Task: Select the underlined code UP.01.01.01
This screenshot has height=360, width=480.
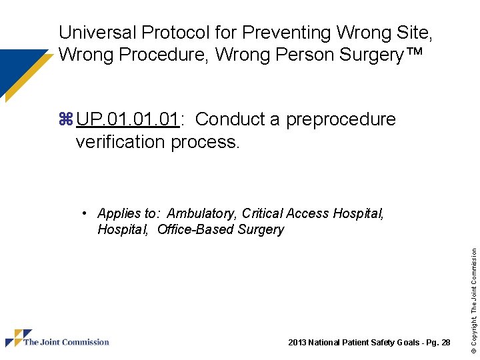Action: pyautogui.click(x=127, y=119)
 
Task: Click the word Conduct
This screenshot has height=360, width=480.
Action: pyautogui.click(x=231, y=119)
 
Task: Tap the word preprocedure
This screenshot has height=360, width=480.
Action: pyautogui.click(x=341, y=119)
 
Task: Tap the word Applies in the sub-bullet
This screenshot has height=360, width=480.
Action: pyautogui.click(x=117, y=213)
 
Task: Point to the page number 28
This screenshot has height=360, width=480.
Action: pyautogui.click(x=445, y=343)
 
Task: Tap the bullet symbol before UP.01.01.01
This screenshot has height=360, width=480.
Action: pyautogui.click(x=65, y=120)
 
